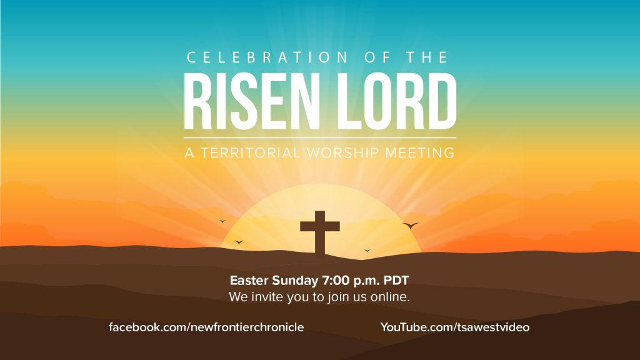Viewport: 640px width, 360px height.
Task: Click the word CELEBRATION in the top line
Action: [x=267, y=57]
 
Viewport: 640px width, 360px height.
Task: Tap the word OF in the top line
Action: [x=377, y=57]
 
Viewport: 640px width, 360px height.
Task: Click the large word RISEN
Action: [x=251, y=101]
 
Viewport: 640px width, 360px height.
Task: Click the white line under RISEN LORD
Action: [x=320, y=138]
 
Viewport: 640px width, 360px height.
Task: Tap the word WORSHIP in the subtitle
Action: [x=343, y=152]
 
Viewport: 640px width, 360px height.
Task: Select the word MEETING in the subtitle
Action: [x=420, y=152]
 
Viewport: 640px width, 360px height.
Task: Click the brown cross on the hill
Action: [x=319, y=232]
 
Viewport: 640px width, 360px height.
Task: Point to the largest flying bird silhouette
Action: [x=411, y=225]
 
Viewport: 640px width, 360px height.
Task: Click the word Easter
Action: [x=249, y=281]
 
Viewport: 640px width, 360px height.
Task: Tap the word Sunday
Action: [x=295, y=281]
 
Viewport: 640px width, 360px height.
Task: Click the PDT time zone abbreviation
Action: [x=396, y=281]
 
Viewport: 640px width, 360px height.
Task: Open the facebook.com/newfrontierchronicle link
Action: [x=206, y=327]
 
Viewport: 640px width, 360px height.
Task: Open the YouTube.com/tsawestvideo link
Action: [x=455, y=327]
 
